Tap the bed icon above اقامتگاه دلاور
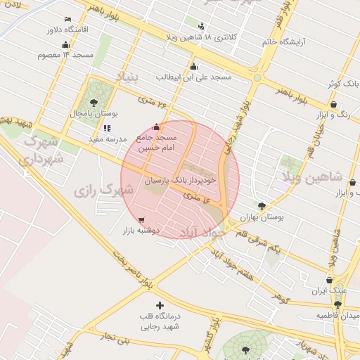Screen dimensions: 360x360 tap(67, 19)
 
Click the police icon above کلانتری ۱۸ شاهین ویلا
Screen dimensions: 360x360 tap(202, 27)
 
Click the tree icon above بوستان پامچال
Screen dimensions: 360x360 tap(94, 103)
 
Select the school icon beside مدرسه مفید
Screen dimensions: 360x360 tap(107, 128)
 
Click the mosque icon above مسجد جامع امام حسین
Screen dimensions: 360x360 tap(156, 127)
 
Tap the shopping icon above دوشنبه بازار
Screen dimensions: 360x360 tap(143, 219)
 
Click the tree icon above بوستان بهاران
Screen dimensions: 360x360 tap(262, 206)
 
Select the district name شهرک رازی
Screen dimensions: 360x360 tap(104, 190)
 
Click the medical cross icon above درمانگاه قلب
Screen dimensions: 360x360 tap(161, 305)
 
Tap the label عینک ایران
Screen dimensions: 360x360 tap(329, 290)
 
